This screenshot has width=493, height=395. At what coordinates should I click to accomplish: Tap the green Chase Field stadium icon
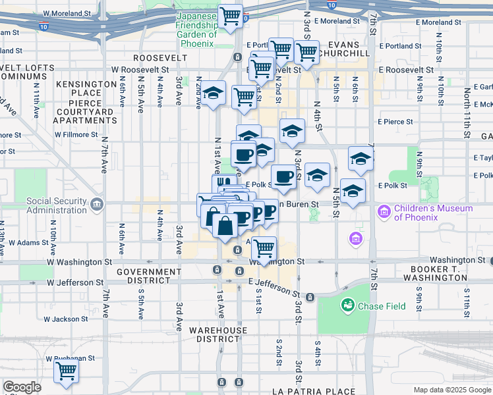click(347, 305)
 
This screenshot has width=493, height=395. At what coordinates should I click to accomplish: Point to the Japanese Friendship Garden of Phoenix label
click(195, 30)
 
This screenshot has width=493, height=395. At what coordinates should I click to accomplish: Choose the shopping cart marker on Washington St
click(264, 248)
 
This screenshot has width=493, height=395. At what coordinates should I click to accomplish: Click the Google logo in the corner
click(22, 387)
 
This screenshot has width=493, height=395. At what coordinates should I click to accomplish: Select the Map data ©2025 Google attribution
click(452, 390)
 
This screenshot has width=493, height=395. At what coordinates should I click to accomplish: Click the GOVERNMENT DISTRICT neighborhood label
click(148, 276)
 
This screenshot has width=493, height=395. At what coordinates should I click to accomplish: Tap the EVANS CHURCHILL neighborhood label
click(348, 49)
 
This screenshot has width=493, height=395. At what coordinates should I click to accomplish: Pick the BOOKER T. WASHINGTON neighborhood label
click(440, 273)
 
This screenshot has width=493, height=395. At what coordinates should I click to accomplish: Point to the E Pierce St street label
click(395, 122)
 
